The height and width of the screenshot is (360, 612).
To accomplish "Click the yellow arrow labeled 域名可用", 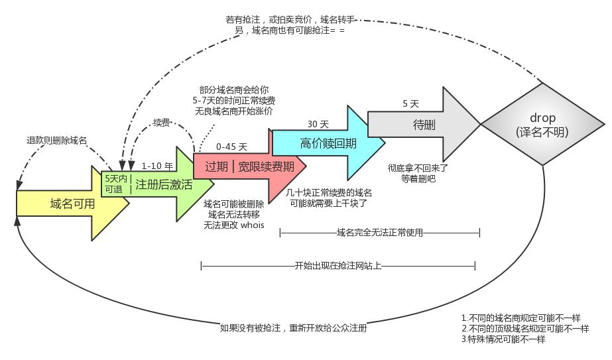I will pyautogui.click(x=72, y=204).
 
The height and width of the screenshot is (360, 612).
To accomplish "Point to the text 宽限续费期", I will pyautogui.click(x=266, y=166).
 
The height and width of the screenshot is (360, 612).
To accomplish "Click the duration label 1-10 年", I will pyautogui.click(x=157, y=166).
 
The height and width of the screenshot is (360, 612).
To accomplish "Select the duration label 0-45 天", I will pyautogui.click(x=231, y=147).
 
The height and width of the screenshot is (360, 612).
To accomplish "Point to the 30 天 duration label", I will pyautogui.click(x=318, y=124).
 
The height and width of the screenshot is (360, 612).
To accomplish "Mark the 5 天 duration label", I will pyautogui.click(x=410, y=104).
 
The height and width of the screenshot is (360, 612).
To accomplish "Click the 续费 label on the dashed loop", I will pyautogui.click(x=161, y=123).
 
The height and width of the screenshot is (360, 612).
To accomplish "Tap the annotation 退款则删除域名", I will pyautogui.click(x=56, y=141).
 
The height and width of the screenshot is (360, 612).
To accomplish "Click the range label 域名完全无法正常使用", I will pyautogui.click(x=379, y=233).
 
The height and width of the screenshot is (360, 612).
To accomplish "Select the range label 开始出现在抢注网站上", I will pyautogui.click(x=337, y=266).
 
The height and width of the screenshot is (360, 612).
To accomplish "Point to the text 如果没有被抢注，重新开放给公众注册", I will pyautogui.click(x=293, y=328).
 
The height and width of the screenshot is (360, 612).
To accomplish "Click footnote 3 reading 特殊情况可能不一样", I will pyautogui.click(x=503, y=339).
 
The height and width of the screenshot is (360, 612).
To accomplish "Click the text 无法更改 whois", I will pyautogui.click(x=234, y=225).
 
